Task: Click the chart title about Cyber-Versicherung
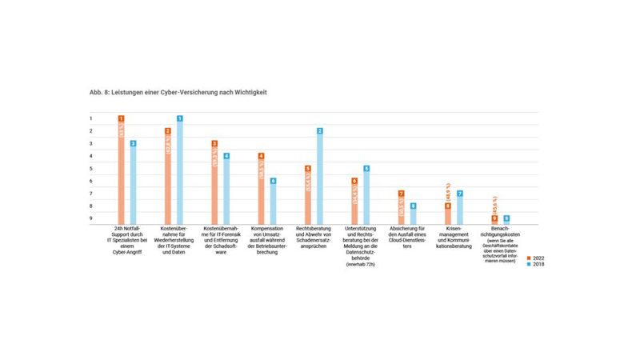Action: (178, 94)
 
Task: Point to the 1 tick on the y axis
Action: (91, 118)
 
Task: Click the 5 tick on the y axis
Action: (91, 169)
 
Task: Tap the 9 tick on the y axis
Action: (91, 218)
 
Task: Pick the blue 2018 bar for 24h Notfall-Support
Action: (134, 183)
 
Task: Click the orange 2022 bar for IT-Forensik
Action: (214, 183)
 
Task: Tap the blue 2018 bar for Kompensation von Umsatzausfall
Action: (273, 202)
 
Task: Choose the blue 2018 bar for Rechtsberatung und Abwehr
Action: (320, 177)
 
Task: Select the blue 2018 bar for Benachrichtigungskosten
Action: (506, 220)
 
